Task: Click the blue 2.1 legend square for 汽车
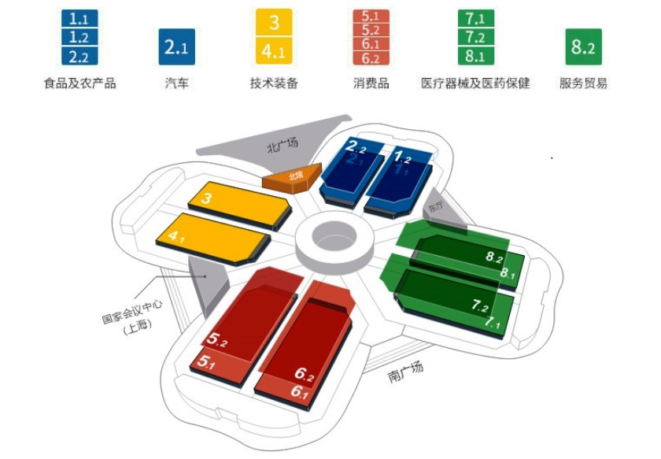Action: pos(176,46)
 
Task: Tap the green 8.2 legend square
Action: pos(583,46)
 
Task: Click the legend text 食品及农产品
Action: pos(79,83)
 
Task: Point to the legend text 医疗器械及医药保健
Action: pos(475,83)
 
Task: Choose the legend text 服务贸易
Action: pos(583,83)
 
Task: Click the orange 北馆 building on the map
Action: pos(293,178)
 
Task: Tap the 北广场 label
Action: pos(282,145)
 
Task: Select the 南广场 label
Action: pos(405,372)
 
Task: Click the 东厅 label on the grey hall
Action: pos(437,207)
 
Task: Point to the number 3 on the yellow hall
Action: pos(206,198)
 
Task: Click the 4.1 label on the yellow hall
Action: pos(176,237)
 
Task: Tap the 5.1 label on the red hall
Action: pos(205,362)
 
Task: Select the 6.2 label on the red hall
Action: pos(304,373)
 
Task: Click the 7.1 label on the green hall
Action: pos(492,322)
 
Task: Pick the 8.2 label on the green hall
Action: pos(494,257)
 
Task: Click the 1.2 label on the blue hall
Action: pos(402,157)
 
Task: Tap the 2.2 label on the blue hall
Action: pos(356,146)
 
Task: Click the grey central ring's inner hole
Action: pos(334,235)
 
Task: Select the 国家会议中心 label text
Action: pos(132,311)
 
